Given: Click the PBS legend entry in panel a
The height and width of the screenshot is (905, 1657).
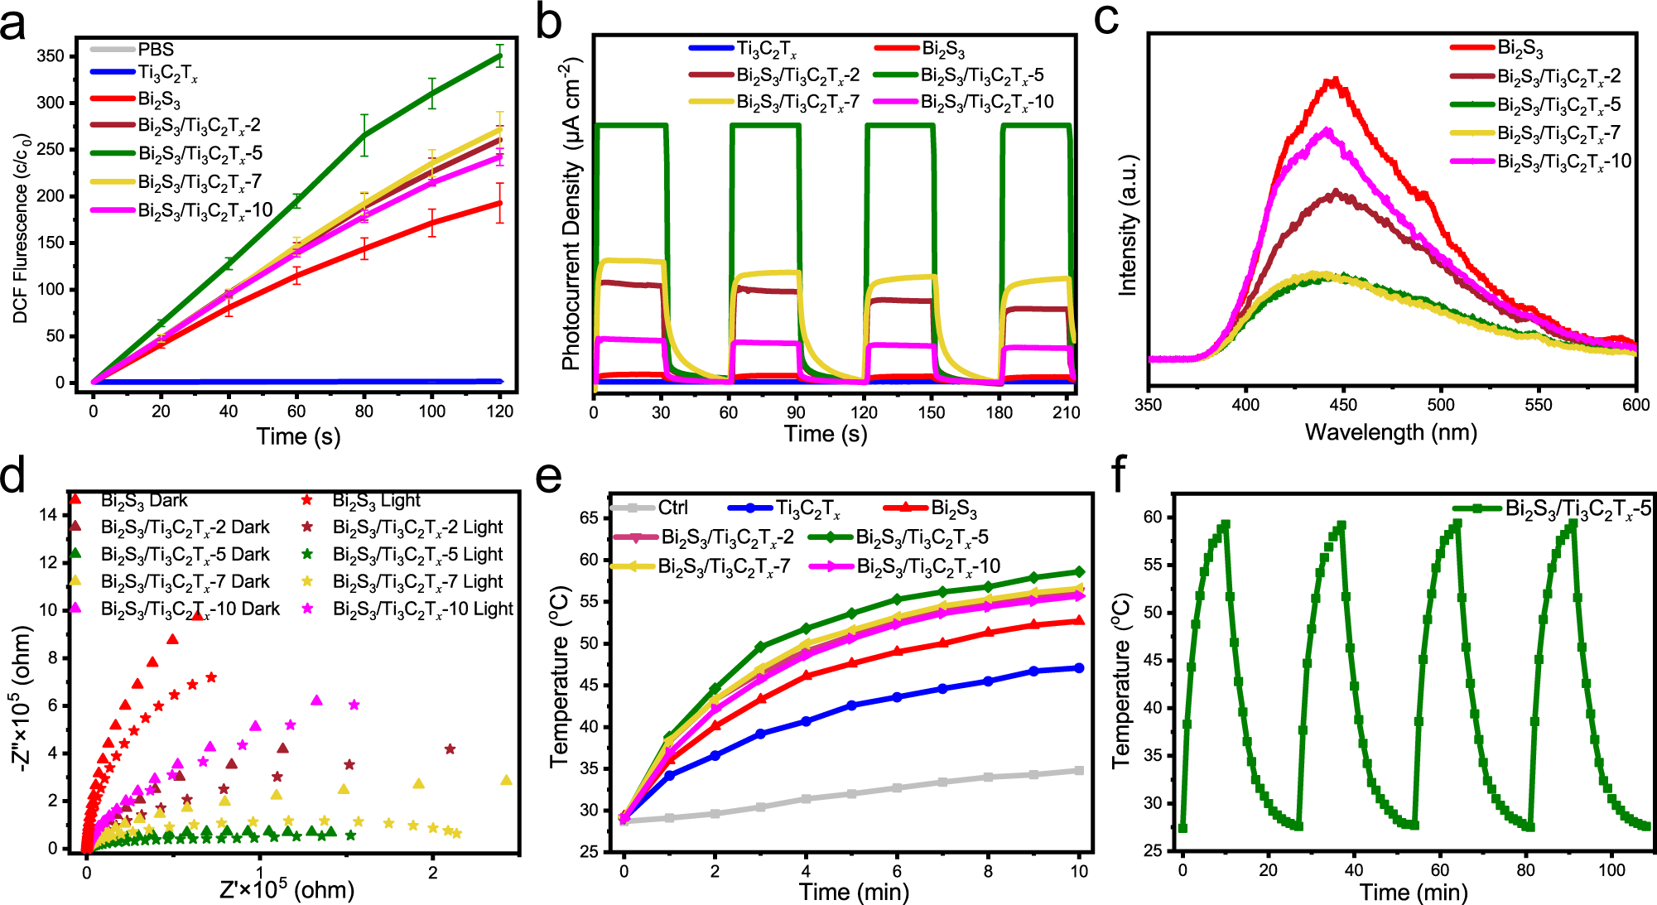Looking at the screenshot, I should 156,49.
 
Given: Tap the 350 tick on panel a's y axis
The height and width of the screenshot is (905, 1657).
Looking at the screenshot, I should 51,56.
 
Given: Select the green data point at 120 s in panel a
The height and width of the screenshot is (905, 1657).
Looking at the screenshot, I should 499,56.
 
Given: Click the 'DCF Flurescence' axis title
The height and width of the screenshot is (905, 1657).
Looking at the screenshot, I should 21,228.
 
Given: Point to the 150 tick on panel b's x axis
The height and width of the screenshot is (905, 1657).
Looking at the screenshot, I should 931,412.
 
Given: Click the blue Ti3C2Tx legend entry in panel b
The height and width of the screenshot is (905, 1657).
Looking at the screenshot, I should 766,49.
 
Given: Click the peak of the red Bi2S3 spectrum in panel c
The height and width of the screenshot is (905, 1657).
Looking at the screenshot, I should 1333,81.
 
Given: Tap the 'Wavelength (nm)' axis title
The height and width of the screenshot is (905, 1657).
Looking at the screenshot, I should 1390,432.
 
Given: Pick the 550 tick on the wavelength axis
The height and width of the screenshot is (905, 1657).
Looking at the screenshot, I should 1539,405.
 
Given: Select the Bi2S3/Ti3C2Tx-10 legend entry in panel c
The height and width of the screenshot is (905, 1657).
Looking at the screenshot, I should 1563,161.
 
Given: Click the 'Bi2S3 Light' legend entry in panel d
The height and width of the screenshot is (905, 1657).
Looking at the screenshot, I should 376,500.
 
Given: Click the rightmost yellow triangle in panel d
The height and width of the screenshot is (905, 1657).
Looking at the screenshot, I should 507,780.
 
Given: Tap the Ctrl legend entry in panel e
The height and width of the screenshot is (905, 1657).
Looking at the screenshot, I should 672,508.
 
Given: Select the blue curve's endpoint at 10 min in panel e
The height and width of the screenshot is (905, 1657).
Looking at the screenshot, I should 1079,667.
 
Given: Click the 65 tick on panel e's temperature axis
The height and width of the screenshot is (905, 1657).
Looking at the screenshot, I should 589,518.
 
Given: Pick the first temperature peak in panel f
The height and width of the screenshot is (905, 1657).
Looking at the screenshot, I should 1225,524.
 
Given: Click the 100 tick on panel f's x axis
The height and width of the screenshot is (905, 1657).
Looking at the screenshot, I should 1611,870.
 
